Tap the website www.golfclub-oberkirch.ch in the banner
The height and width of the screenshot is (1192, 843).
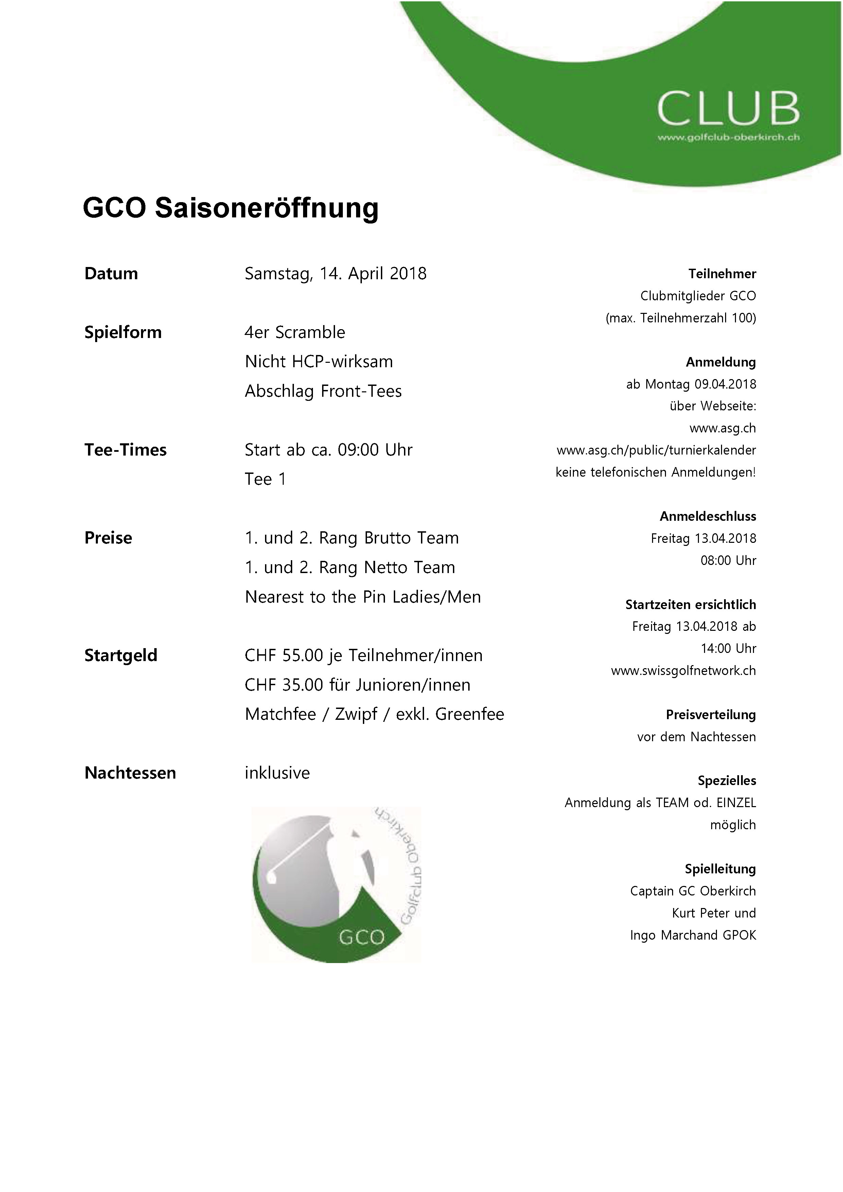coord(728,138)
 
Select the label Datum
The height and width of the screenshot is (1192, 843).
coord(111,273)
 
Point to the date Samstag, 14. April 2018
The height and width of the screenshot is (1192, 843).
coord(336,273)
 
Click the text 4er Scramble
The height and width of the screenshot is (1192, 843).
coord(295,332)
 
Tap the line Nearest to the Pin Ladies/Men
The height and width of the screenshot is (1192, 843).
coord(363,597)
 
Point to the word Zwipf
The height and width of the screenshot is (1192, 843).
coord(356,714)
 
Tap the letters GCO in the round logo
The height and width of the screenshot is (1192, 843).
coord(362,937)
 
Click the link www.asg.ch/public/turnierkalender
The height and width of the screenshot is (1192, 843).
coord(656,450)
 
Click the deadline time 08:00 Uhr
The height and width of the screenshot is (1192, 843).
coord(728,561)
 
